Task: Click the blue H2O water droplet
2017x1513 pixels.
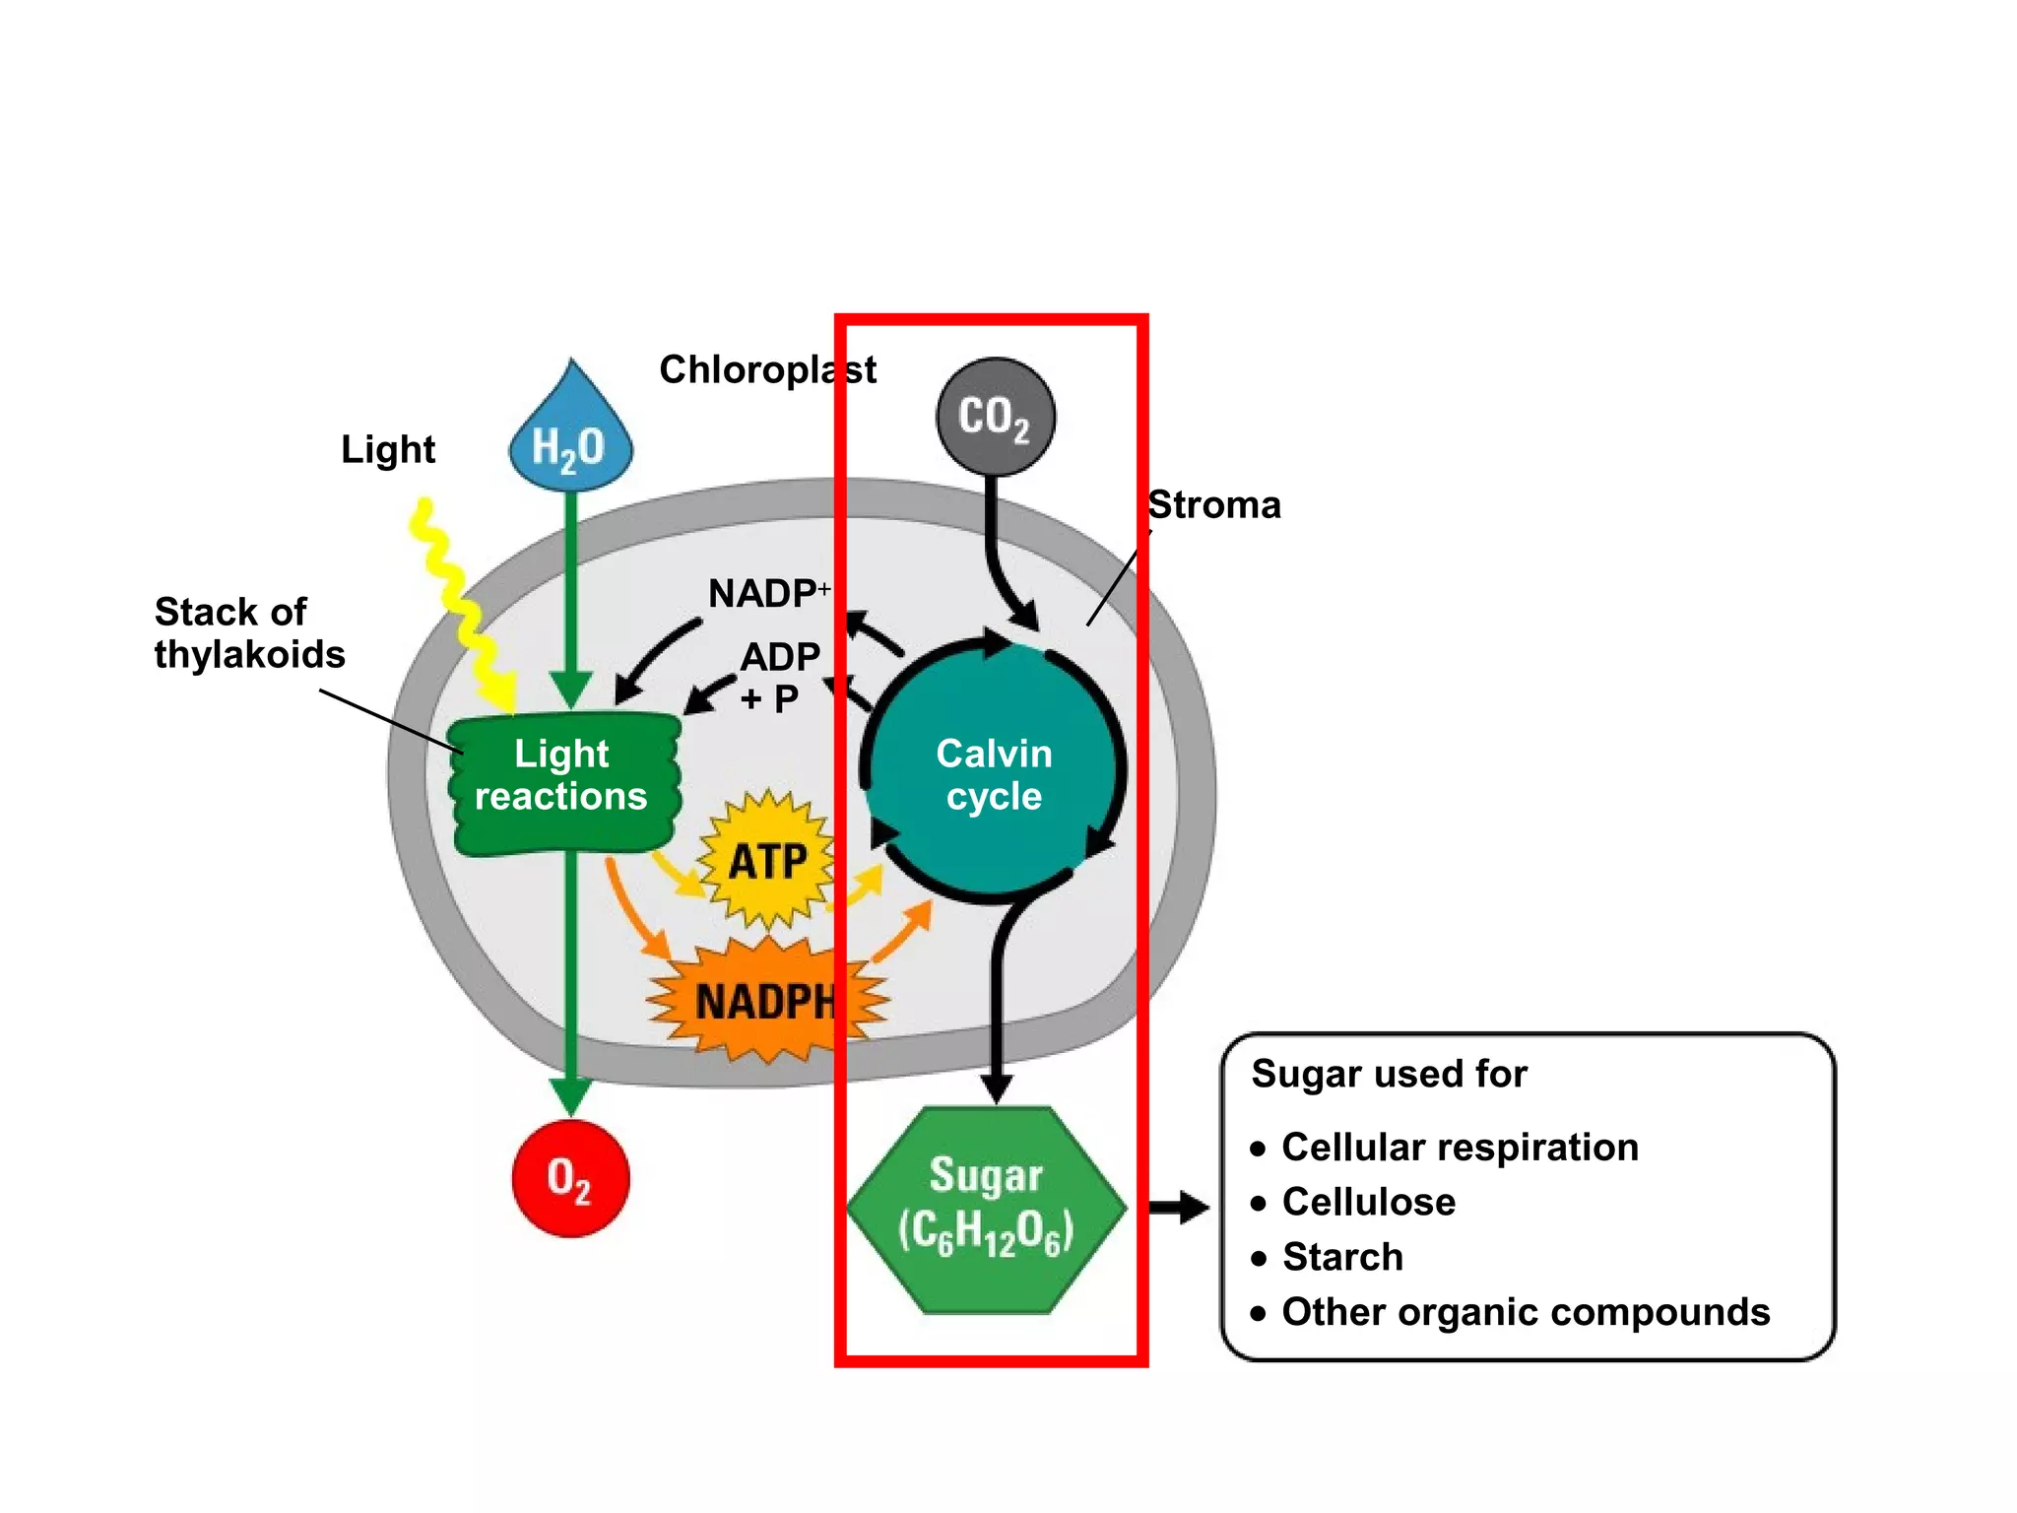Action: [x=570, y=440]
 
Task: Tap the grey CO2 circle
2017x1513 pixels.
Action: [x=995, y=417]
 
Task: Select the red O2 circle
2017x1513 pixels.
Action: [x=570, y=1178]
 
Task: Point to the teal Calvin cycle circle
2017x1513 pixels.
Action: [x=995, y=774]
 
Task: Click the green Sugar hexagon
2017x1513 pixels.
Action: [x=986, y=1209]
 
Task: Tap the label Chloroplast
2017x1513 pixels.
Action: [x=767, y=370]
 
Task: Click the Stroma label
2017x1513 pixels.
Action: [x=1214, y=505]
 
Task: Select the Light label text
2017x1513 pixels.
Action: [x=388, y=450]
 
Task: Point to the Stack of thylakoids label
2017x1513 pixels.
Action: [x=249, y=633]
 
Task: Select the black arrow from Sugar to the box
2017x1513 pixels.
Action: [x=1179, y=1207]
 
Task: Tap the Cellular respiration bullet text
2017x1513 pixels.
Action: [x=1460, y=1148]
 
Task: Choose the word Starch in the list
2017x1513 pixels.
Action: [x=1342, y=1258]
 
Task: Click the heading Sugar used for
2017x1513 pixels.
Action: [x=1389, y=1074]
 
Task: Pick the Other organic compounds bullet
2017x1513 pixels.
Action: [x=1525, y=1313]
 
